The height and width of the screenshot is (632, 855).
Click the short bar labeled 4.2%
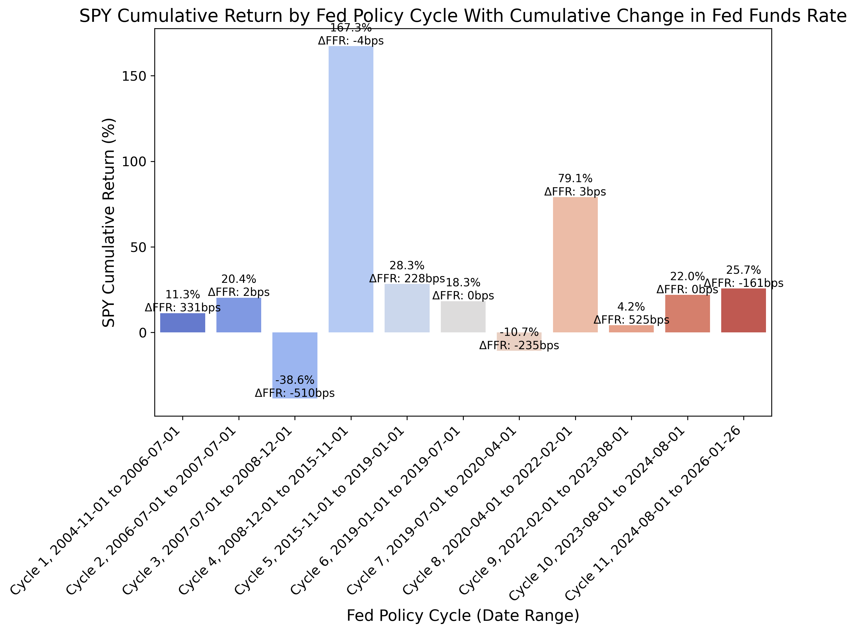click(631, 329)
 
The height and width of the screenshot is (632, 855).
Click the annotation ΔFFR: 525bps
click(631, 320)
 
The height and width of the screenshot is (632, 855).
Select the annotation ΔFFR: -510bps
click(295, 393)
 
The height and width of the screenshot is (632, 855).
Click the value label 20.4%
click(239, 279)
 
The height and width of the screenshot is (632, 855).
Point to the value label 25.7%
click(743, 270)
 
